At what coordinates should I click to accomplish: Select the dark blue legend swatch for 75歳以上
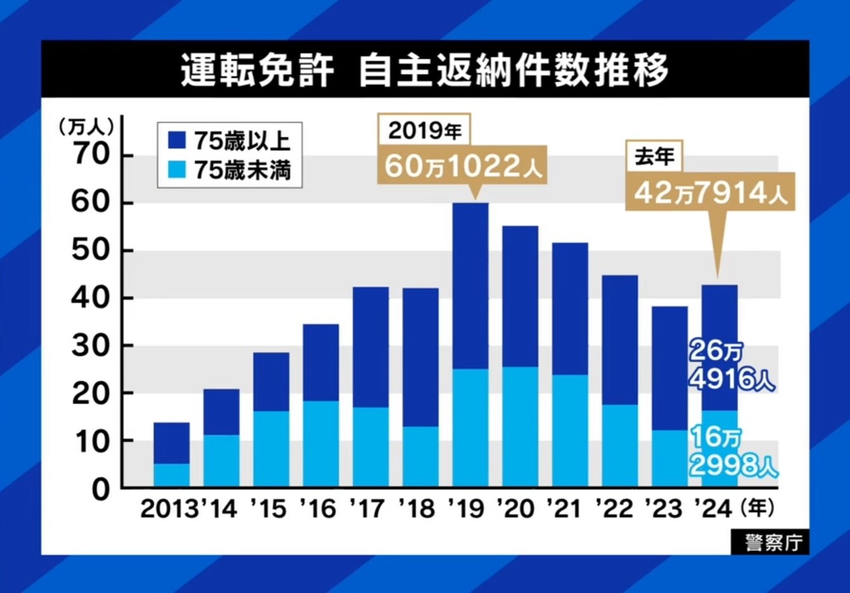click(x=177, y=140)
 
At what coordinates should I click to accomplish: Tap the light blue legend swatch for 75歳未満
click(x=177, y=170)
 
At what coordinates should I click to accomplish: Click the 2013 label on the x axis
click(x=169, y=509)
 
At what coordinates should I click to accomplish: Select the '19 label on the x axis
click(x=467, y=509)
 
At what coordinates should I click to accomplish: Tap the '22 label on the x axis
click(x=614, y=509)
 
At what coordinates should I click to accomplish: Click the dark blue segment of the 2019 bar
click(x=470, y=286)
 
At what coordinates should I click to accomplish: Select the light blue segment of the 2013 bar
click(x=171, y=476)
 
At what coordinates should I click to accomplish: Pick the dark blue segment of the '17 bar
click(x=371, y=347)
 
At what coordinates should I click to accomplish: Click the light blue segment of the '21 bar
click(x=570, y=431)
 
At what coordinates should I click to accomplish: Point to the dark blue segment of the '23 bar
click(x=670, y=368)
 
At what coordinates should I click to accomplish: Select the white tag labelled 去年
click(x=654, y=156)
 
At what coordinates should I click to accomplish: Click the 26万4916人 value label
click(x=731, y=366)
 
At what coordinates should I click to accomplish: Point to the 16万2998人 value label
click(x=733, y=452)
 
